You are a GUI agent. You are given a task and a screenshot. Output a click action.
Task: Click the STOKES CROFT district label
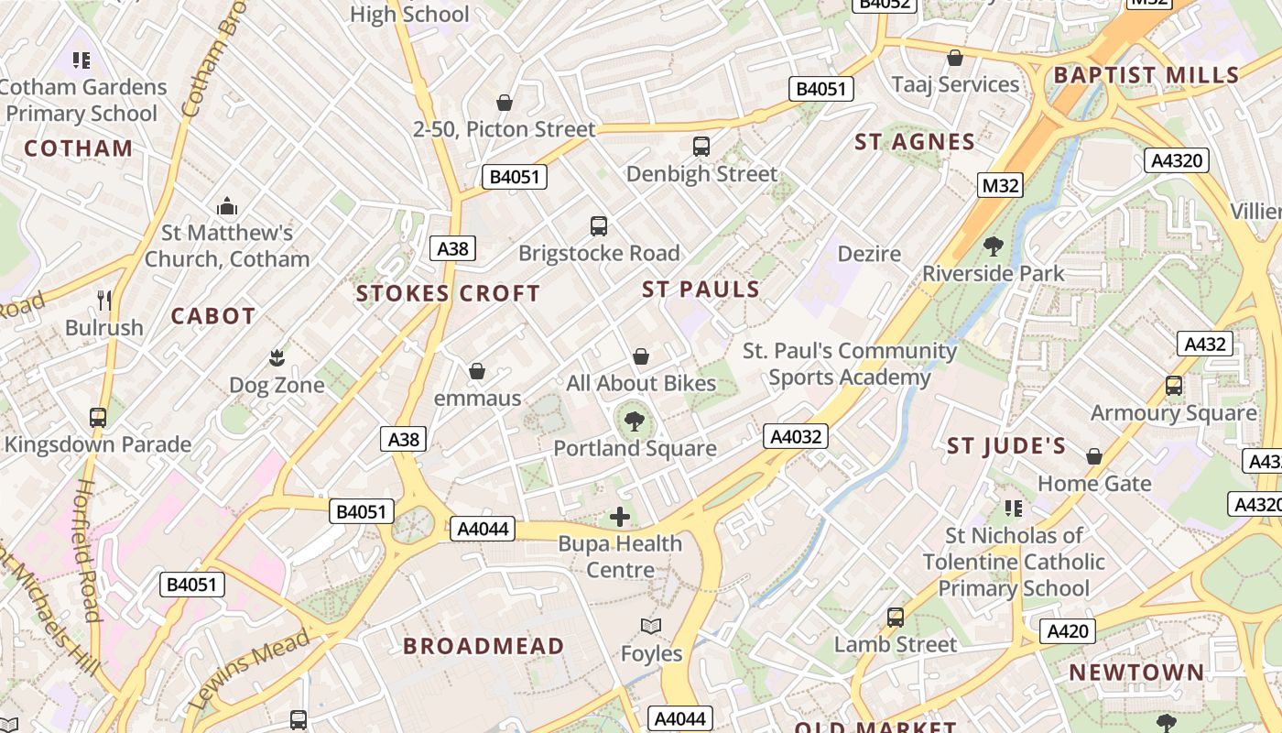click(x=448, y=294)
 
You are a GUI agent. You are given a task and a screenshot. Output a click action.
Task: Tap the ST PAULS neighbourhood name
click(x=701, y=290)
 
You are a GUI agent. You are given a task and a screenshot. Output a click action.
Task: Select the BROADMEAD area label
click(x=483, y=646)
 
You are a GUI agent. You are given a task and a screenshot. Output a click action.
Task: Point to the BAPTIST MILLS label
click(x=1146, y=75)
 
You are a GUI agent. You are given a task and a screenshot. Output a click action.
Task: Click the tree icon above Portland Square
click(x=634, y=421)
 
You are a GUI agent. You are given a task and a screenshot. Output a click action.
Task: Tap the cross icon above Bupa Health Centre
click(x=620, y=517)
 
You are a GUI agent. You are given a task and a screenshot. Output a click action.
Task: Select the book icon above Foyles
click(x=651, y=627)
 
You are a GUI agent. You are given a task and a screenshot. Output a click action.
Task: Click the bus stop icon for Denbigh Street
click(x=701, y=147)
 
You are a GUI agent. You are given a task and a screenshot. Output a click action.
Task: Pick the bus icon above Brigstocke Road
click(x=599, y=226)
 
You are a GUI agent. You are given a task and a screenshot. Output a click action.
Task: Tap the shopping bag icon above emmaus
click(x=477, y=371)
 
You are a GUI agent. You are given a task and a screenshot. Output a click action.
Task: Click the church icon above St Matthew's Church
click(x=227, y=206)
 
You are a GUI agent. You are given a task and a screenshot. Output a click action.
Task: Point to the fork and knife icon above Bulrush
click(x=104, y=301)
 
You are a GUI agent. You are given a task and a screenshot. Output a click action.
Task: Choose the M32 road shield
click(x=1000, y=186)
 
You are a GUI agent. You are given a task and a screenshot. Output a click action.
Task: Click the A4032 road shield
click(x=796, y=436)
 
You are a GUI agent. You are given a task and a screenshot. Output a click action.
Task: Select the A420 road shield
click(x=1068, y=630)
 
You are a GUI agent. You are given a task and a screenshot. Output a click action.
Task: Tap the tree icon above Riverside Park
click(x=993, y=246)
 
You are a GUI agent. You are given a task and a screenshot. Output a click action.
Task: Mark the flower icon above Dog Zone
click(x=277, y=357)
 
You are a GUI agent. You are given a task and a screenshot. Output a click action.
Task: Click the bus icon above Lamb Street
click(x=896, y=618)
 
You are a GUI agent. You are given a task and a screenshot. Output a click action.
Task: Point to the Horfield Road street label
click(x=87, y=550)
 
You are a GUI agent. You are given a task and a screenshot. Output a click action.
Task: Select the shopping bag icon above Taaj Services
click(x=955, y=58)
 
